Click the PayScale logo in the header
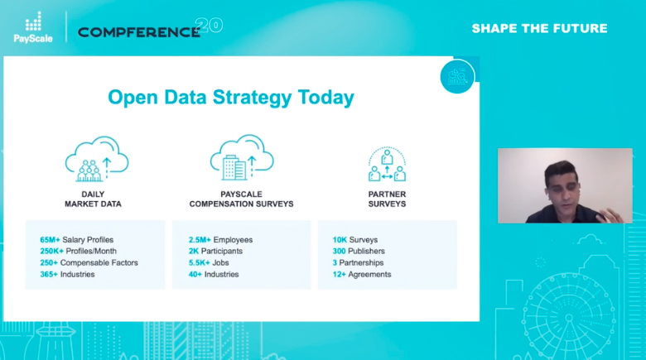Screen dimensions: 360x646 pyautogui.click(x=32, y=27)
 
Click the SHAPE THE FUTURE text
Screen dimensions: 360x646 pyautogui.click(x=539, y=28)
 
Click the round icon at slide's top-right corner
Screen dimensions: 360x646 pyautogui.click(x=457, y=77)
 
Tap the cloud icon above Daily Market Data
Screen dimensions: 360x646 pyautogui.click(x=96, y=160)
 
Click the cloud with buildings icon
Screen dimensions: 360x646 pyautogui.click(x=241, y=159)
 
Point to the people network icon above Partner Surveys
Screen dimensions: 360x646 pyautogui.click(x=387, y=165)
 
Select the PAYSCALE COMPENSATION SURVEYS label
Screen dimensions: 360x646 pyautogui.click(x=241, y=199)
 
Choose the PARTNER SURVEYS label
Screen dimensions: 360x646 pyautogui.click(x=387, y=199)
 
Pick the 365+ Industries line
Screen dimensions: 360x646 pyautogui.click(x=67, y=274)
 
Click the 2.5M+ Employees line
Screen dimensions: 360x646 pyautogui.click(x=220, y=240)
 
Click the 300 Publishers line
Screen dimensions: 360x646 pyautogui.click(x=359, y=252)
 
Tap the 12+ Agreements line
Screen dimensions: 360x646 pyautogui.click(x=363, y=274)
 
